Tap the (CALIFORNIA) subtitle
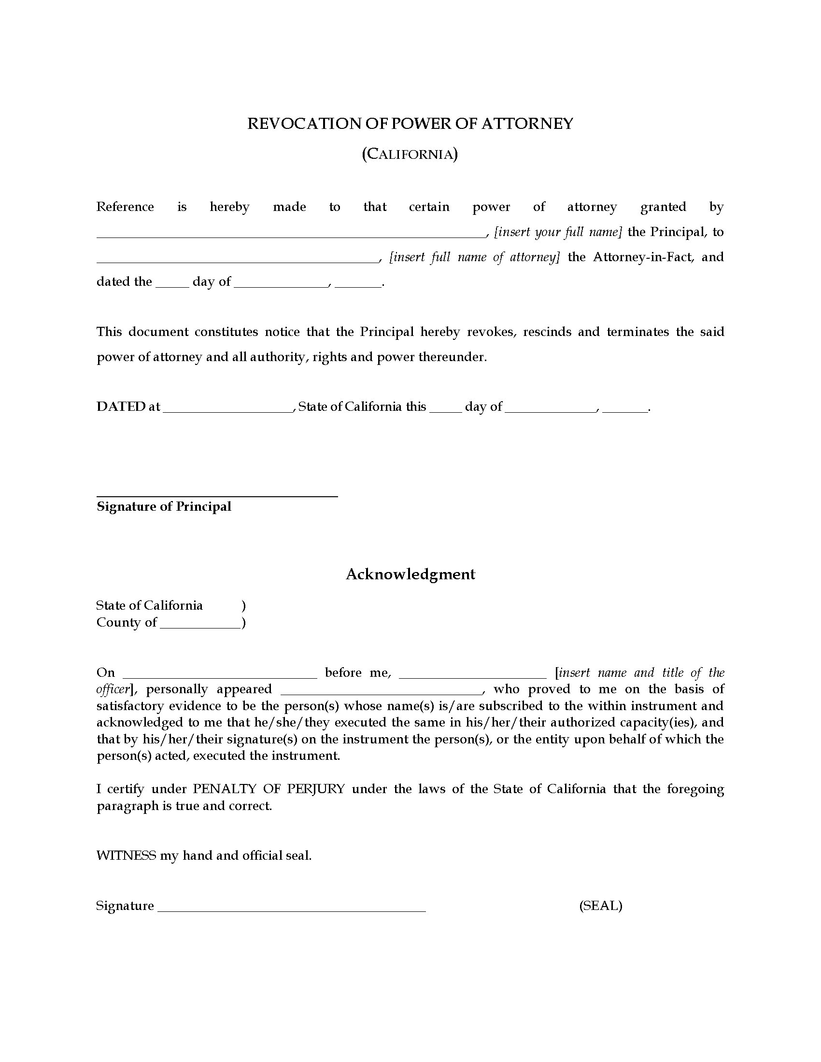[410, 154]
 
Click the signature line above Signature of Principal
[217, 496]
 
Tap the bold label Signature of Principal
[164, 507]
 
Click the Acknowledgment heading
[410, 574]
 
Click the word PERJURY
[316, 789]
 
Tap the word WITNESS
[126, 855]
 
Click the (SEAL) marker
[600, 906]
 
